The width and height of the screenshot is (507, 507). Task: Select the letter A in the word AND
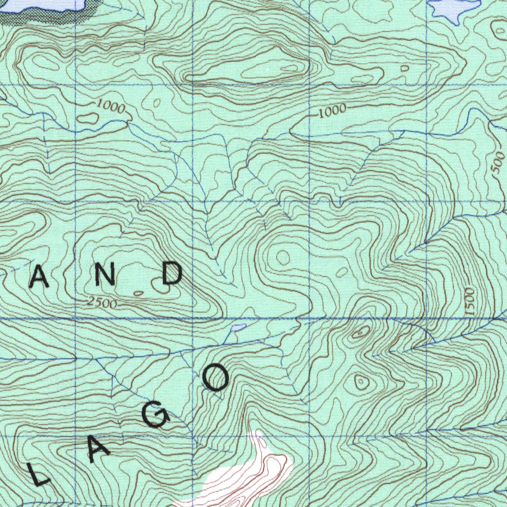39,278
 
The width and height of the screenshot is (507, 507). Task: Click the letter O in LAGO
216,379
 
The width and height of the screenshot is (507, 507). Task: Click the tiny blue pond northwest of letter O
238,328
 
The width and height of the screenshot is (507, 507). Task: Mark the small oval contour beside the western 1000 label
89,118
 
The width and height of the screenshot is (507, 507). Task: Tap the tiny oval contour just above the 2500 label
138,294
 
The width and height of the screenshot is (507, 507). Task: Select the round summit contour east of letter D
283,257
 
